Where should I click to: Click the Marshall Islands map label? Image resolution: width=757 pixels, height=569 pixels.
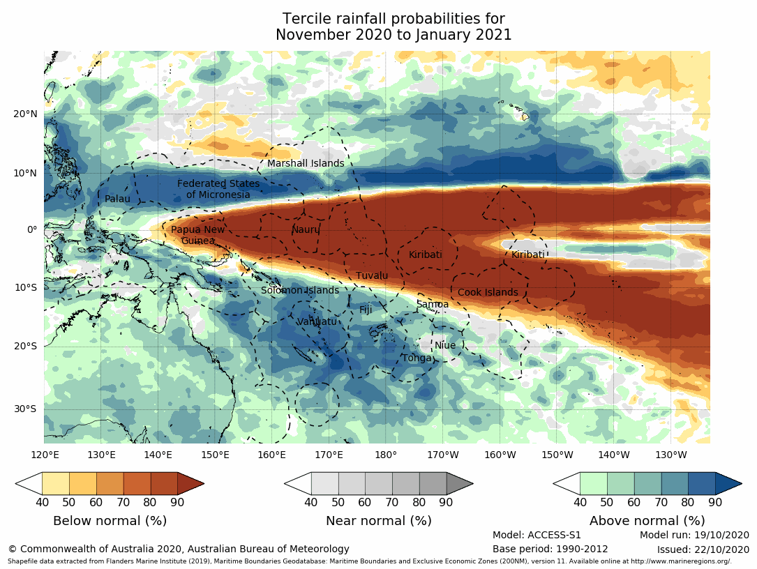pos(306,164)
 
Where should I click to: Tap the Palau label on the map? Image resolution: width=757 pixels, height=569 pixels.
pos(117,199)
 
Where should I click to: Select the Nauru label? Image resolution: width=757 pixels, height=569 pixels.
pos(305,229)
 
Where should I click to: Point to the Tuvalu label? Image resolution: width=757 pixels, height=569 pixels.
pos(372,276)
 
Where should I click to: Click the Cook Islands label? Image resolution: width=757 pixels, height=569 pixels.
pos(488,293)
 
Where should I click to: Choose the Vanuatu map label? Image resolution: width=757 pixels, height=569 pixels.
pos(317,321)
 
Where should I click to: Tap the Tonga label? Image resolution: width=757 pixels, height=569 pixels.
pos(417,358)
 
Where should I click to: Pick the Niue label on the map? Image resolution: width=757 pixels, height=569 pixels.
pos(445,346)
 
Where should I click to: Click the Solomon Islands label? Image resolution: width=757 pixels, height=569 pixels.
pos(300,291)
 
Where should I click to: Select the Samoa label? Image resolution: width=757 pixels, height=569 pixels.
pos(433,305)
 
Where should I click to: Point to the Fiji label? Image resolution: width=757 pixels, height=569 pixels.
pos(366,310)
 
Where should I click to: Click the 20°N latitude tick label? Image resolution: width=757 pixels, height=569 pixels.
pos(24,114)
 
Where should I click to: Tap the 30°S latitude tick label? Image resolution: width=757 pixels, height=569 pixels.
pos(24,409)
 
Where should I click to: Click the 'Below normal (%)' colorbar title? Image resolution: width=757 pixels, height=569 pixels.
pos(110,521)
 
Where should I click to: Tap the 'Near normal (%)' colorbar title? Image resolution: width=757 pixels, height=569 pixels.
pos(379,521)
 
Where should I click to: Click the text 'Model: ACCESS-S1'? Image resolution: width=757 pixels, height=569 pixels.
pos(537,536)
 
